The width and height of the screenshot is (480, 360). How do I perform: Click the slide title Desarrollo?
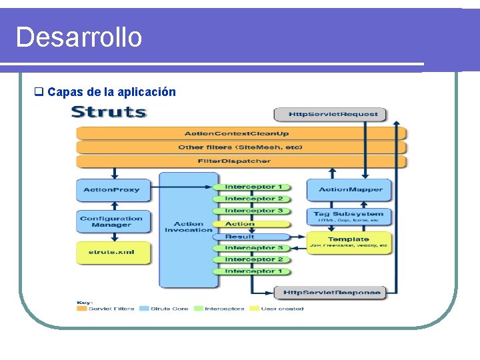click(79, 37)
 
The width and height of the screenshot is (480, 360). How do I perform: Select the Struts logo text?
click(109, 111)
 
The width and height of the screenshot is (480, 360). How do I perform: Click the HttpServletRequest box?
click(330, 114)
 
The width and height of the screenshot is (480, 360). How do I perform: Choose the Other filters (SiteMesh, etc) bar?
click(240, 147)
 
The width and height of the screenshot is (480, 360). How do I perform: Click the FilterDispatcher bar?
click(234, 161)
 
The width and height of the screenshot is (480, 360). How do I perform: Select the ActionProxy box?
click(111, 190)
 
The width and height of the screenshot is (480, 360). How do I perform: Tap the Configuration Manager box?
click(111, 222)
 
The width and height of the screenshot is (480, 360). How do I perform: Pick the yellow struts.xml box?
click(111, 253)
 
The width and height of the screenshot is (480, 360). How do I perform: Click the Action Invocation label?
click(188, 227)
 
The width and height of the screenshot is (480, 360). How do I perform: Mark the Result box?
click(240, 236)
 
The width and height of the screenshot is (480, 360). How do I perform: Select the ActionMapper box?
click(350, 190)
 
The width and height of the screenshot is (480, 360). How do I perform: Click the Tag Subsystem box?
click(349, 217)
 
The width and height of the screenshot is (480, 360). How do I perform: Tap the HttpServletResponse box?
click(331, 293)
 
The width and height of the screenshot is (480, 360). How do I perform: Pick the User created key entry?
click(281, 309)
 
